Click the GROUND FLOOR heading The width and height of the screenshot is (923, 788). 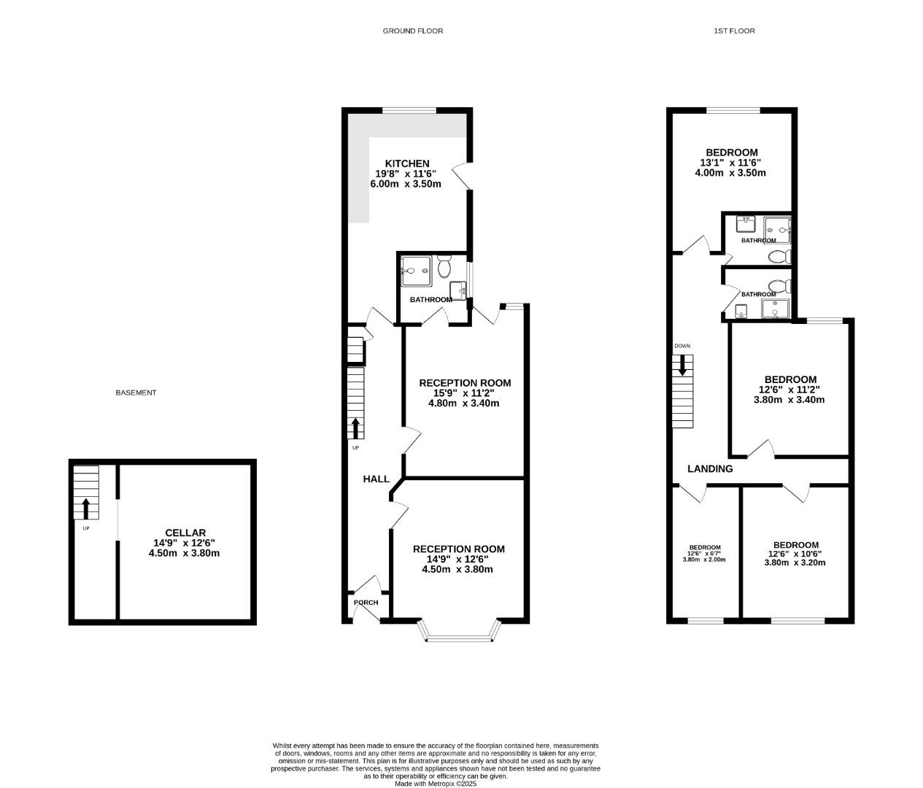pos(412,31)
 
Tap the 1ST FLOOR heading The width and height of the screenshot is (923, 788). pos(734,31)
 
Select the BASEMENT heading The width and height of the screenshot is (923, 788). pos(136,393)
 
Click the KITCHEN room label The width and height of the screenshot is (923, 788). pos(407,163)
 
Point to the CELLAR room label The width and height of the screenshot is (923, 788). pos(185,533)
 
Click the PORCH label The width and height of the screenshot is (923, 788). pos(366,602)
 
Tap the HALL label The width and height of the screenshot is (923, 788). pos(376,479)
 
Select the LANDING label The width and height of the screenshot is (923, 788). pos(710,468)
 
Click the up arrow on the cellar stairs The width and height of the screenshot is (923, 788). pos(86,508)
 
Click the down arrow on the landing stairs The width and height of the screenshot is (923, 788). pos(682,365)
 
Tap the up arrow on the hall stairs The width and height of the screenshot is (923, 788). pos(355,427)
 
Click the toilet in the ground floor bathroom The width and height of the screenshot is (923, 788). pos(444,269)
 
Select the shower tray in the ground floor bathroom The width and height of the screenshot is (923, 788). pos(416,271)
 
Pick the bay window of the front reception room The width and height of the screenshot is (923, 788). pos(460,631)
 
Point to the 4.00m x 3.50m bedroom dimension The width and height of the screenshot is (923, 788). pos(730,173)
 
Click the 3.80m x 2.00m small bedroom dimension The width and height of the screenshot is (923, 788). pos(705,560)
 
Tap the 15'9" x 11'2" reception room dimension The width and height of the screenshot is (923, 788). pos(464,393)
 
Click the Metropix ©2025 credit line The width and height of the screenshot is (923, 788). pos(436,784)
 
